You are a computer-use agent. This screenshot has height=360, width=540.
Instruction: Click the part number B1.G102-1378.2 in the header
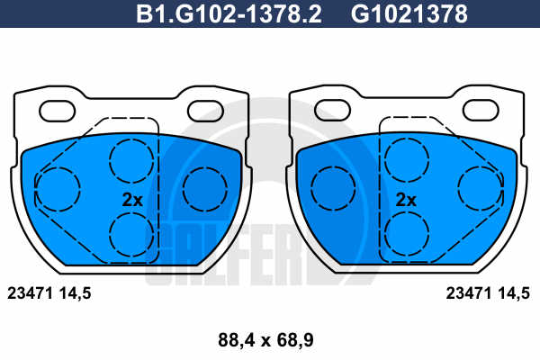(229, 13)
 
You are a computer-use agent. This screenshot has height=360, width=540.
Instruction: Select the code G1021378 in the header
(409, 13)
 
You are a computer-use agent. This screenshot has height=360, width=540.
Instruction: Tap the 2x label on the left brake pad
(132, 200)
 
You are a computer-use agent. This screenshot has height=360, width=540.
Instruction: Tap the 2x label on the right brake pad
(406, 200)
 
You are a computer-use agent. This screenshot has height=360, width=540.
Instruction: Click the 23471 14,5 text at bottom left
(49, 293)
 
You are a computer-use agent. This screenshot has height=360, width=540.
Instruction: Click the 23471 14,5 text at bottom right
(488, 293)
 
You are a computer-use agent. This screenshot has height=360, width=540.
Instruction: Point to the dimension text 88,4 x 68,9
(265, 340)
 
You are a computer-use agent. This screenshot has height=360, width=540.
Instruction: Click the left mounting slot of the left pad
(58, 111)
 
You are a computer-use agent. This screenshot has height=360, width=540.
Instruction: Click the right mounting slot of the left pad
(205, 111)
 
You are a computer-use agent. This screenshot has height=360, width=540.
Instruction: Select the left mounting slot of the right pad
(332, 110)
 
